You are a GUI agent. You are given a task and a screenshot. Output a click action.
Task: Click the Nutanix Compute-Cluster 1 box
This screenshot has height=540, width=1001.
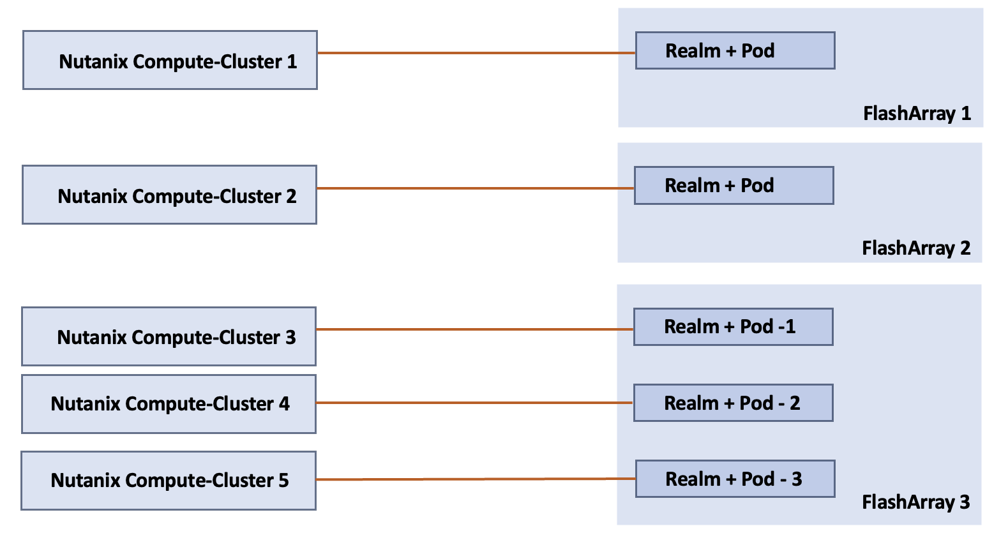[170, 60]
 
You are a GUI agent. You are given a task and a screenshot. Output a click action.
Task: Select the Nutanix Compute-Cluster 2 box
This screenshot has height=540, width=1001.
[169, 195]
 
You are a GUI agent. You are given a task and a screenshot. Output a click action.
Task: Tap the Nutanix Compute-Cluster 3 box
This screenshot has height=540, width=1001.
[169, 336]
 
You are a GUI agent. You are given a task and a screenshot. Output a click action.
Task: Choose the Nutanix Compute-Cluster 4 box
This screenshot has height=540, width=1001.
[169, 404]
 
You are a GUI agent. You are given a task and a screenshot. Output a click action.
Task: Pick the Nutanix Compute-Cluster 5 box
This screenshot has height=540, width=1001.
[169, 481]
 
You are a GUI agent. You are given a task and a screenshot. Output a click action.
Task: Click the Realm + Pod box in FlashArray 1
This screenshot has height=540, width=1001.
[735, 50]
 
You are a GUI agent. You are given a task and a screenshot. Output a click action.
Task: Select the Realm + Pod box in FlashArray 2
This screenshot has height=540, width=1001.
[734, 186]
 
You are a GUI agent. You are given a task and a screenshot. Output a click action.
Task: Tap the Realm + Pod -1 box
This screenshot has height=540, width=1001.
[733, 327]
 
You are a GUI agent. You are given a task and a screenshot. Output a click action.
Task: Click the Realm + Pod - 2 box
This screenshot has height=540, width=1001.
[733, 403]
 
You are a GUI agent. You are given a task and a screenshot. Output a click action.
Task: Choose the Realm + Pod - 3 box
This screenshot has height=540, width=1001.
[735, 479]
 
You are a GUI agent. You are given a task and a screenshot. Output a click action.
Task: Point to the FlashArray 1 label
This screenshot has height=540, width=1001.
[917, 114]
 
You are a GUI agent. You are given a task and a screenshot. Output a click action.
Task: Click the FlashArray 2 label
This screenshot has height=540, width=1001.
[916, 248]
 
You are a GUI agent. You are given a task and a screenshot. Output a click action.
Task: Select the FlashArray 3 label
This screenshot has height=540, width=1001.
[915, 502]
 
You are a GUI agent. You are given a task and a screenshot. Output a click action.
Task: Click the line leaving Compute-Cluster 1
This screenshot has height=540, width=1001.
[476, 53]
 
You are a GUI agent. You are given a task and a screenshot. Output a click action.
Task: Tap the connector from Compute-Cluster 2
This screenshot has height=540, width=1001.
[475, 188]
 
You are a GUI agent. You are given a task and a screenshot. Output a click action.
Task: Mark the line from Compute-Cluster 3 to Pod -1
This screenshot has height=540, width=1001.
[474, 329]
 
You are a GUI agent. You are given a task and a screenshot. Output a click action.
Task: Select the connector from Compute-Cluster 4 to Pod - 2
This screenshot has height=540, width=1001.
[474, 403]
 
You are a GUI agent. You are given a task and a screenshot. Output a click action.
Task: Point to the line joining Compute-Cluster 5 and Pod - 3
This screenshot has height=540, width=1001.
[476, 479]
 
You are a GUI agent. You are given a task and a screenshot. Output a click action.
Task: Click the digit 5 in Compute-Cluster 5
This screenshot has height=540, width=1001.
[283, 481]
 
